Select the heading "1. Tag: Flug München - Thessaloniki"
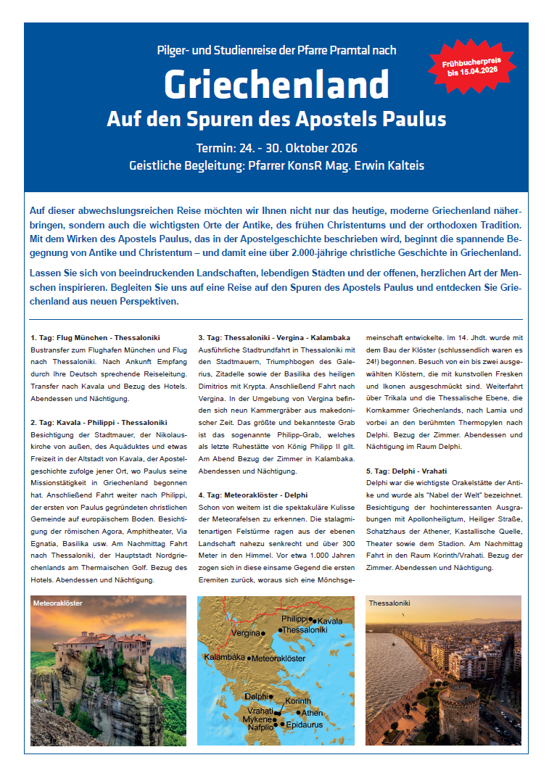point(96,338)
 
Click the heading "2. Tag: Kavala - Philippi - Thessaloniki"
point(99,422)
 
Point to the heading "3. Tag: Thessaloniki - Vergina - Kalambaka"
point(274,338)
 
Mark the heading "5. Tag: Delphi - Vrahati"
point(406,471)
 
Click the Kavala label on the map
point(330,622)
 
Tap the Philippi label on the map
point(295,619)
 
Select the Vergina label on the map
point(245,633)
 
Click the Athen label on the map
point(312,713)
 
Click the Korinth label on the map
point(297,701)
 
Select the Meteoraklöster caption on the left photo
point(58,603)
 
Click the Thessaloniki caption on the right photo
point(389,603)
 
